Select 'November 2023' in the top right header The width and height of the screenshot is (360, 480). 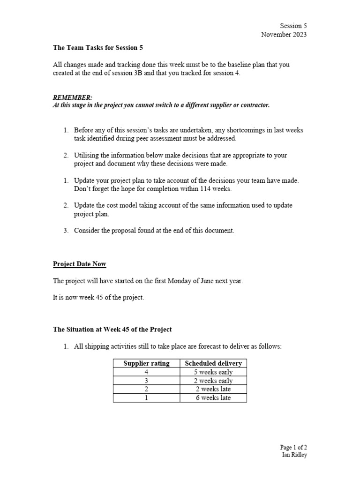coord(284,35)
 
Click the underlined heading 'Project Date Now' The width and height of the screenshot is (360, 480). coord(80,264)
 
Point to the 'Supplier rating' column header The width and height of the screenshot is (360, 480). coord(146,363)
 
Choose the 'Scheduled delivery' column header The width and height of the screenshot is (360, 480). coord(213,363)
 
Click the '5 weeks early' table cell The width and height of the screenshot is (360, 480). coord(213,372)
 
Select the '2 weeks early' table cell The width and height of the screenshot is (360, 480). coord(213,381)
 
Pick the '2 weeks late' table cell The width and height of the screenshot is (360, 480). coord(213,389)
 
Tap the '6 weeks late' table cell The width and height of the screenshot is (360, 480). coord(213,398)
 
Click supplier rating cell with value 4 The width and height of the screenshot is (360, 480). coord(146,372)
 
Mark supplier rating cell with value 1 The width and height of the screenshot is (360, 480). coord(146,398)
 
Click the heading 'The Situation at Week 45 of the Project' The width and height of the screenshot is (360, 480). coord(112,330)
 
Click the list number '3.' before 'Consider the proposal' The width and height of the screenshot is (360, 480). coord(66,230)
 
